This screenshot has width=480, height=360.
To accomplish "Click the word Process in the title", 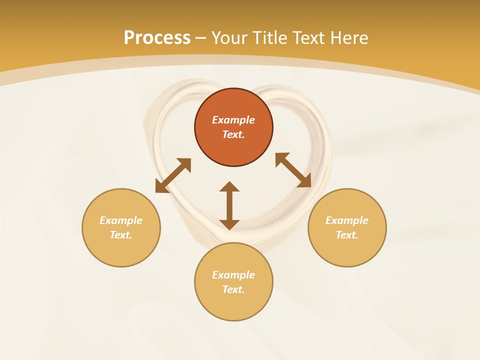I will click(x=157, y=38).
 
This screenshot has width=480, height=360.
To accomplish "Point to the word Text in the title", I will click(x=313, y=38).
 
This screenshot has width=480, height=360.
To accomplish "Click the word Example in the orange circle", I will click(x=233, y=120).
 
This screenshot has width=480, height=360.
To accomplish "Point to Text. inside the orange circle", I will click(x=233, y=134).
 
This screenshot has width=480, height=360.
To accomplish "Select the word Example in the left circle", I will click(x=121, y=220).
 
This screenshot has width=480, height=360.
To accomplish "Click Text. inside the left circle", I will click(x=121, y=235).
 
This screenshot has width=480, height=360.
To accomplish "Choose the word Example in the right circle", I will click(x=347, y=220).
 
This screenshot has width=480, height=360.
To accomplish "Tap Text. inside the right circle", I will click(x=347, y=235).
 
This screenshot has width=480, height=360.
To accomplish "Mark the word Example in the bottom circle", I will click(x=233, y=275).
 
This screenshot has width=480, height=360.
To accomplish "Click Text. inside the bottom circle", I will click(x=233, y=289).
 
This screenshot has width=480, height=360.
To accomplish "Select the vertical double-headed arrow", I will click(x=229, y=205).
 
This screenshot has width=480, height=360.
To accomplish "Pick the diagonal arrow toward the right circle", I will click(x=293, y=170).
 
